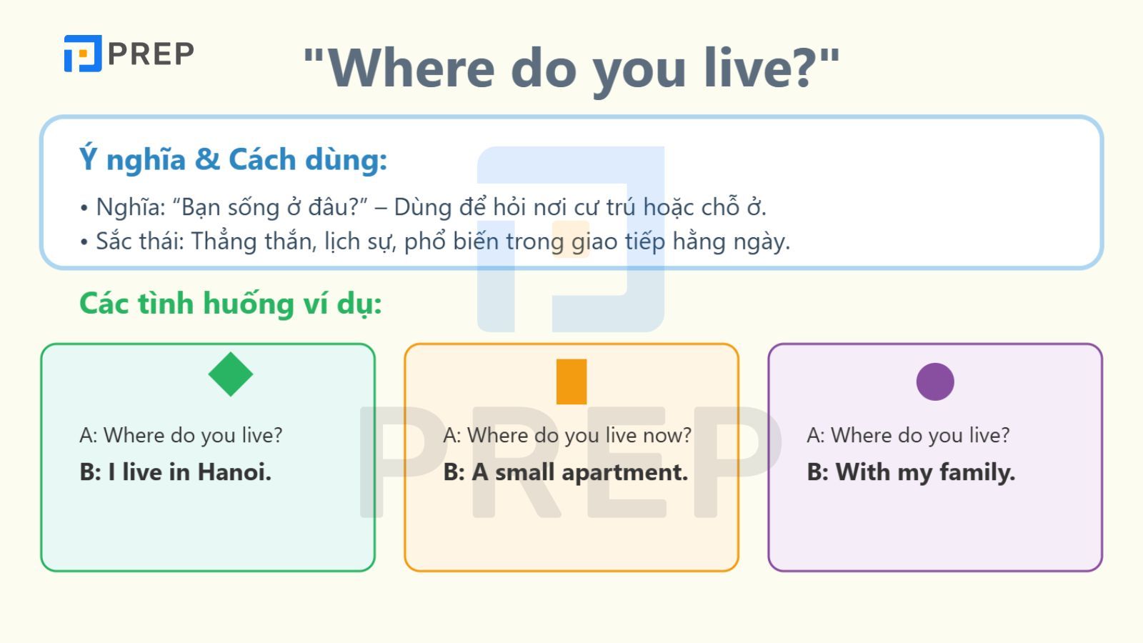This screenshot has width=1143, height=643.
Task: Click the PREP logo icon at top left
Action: [x=83, y=54]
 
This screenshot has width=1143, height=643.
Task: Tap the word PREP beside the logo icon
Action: [x=151, y=54]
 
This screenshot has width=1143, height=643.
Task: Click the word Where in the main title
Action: [x=411, y=68]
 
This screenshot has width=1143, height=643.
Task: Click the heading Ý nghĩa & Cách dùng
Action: [x=233, y=159]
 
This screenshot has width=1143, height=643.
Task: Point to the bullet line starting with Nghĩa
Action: [x=423, y=207]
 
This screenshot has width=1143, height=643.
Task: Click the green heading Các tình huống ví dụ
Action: [x=230, y=304]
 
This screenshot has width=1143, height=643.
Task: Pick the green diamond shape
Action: [x=231, y=374]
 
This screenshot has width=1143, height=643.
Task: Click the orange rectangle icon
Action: [x=571, y=382]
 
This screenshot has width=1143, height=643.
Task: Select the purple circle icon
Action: [x=935, y=382]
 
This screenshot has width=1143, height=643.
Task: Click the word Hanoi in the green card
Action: [x=234, y=472]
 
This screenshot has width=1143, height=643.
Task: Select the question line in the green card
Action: [x=181, y=435]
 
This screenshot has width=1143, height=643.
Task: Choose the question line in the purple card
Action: [x=908, y=435]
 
